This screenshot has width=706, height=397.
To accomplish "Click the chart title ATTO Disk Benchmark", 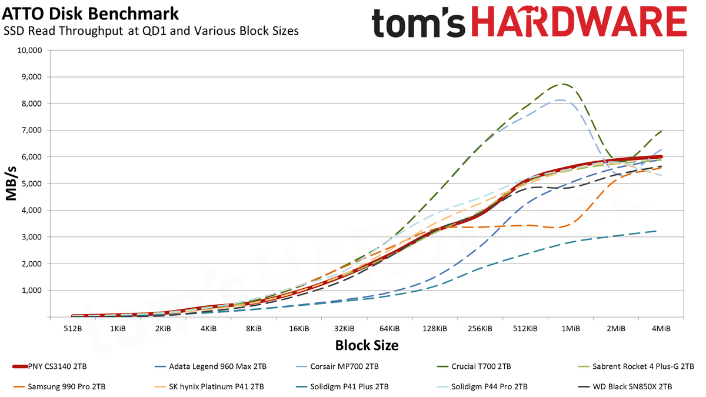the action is coord(91,14).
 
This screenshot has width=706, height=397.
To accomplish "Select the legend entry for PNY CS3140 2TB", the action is coord(49,367).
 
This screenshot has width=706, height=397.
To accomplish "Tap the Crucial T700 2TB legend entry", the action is coord(474,367).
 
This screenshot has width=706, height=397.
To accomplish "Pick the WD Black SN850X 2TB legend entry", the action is coord(625,386).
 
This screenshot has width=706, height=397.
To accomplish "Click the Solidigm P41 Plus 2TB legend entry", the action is coord(342,386).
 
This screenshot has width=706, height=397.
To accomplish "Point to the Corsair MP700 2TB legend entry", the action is coord(337,367).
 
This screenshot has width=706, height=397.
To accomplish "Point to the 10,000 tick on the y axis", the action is coord(29,51).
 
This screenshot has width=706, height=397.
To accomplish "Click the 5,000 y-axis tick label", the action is coord(32,184).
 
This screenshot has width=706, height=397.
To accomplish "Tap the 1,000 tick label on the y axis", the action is coord(32,291).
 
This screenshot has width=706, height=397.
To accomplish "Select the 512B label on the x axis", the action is coord(73,329).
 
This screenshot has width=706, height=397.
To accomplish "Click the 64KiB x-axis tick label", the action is coord(389,329).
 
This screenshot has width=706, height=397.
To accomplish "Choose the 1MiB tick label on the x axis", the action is coord(571,329).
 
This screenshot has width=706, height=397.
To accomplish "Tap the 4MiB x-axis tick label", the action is coord(661,329).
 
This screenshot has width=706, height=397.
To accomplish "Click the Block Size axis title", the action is coord(367,345).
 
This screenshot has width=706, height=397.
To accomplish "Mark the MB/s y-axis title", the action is coord(11,184).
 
